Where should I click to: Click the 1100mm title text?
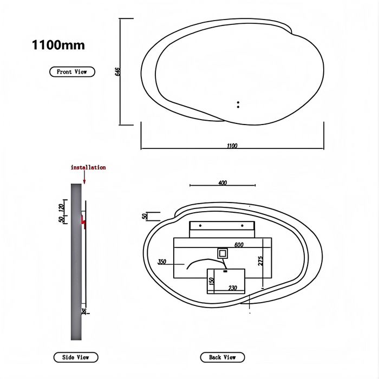[x=58, y=45]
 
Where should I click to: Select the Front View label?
[x=72, y=71]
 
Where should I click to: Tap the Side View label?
[x=76, y=357]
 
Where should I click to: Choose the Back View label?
[x=222, y=357]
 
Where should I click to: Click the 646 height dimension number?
[x=117, y=72]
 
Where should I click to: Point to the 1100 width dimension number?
[x=232, y=146]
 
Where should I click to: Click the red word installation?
[x=88, y=168]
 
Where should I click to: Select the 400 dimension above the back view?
[x=222, y=183]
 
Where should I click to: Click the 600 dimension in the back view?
[x=239, y=245]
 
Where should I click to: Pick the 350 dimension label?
[x=162, y=262]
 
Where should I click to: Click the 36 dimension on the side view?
[x=84, y=311]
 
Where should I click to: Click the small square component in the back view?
[x=223, y=253]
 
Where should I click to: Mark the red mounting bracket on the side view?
[x=83, y=221]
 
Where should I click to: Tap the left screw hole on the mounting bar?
[x=200, y=225]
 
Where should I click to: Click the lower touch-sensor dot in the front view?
[x=238, y=106]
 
